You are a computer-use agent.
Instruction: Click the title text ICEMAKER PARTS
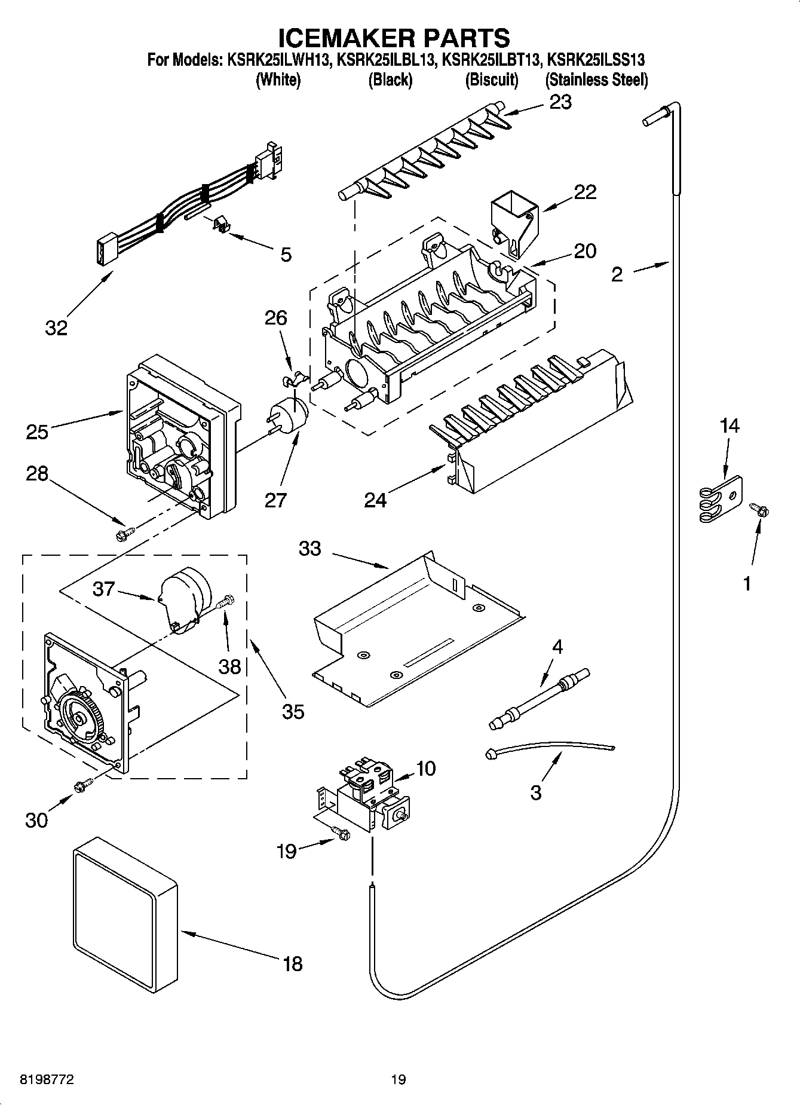(x=394, y=37)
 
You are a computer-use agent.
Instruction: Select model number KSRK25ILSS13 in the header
(x=596, y=60)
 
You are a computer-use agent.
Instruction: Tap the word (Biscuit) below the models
(x=492, y=80)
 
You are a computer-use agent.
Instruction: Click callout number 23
(x=560, y=102)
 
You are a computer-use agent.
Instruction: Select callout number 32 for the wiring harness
(x=56, y=327)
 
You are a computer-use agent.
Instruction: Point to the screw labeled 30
(x=83, y=785)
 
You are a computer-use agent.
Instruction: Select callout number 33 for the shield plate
(x=310, y=548)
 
